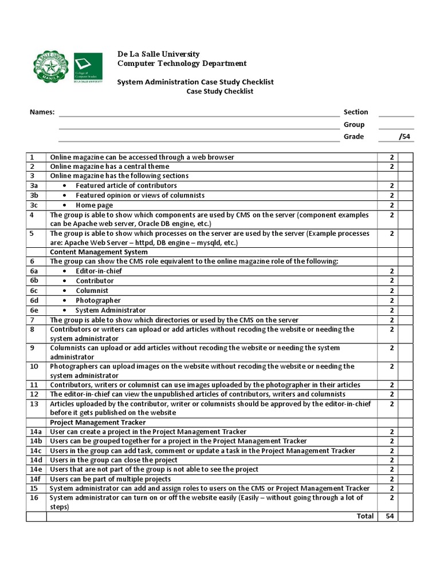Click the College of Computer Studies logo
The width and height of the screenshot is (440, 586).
pyautogui.click(x=88, y=68)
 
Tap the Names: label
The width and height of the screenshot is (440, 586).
pyautogui.click(x=42, y=112)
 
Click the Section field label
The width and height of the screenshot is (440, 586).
pyautogui.click(x=356, y=112)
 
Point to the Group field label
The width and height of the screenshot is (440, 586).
pyautogui.click(x=353, y=125)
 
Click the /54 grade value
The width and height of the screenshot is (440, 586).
pyautogui.click(x=404, y=137)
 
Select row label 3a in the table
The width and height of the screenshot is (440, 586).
pyautogui.click(x=34, y=186)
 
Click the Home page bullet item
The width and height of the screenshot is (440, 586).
pyautogui.click(x=94, y=205)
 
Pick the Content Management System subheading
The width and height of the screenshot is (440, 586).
pyautogui.click(x=99, y=252)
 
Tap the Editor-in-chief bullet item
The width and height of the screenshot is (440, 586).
pyautogui.click(x=99, y=271)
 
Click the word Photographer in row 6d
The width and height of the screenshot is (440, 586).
pyautogui.click(x=98, y=300)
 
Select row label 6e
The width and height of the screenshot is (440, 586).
pyautogui.click(x=34, y=310)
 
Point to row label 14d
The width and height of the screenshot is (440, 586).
pyautogui.click(x=36, y=460)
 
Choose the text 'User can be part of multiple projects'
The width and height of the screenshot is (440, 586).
pyautogui.click(x=110, y=479)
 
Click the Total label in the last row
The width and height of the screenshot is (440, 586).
pyautogui.click(x=365, y=516)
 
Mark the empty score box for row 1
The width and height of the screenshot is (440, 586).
pyautogui.click(x=406, y=157)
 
